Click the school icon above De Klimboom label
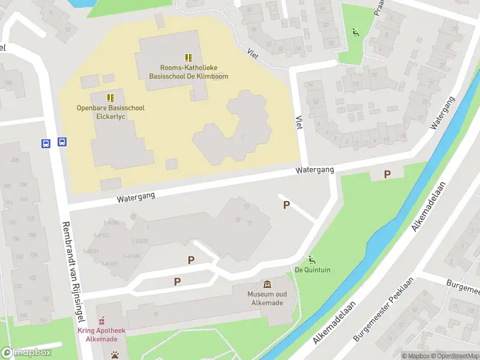188,58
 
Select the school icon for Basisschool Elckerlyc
110,97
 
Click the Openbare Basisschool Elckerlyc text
110,112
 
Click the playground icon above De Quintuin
311,260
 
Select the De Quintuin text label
312,270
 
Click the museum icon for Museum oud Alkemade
267,284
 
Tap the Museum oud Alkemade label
267,298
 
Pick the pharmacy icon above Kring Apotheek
101,320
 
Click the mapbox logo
26,353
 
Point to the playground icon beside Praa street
355,32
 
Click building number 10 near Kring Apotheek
155,314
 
